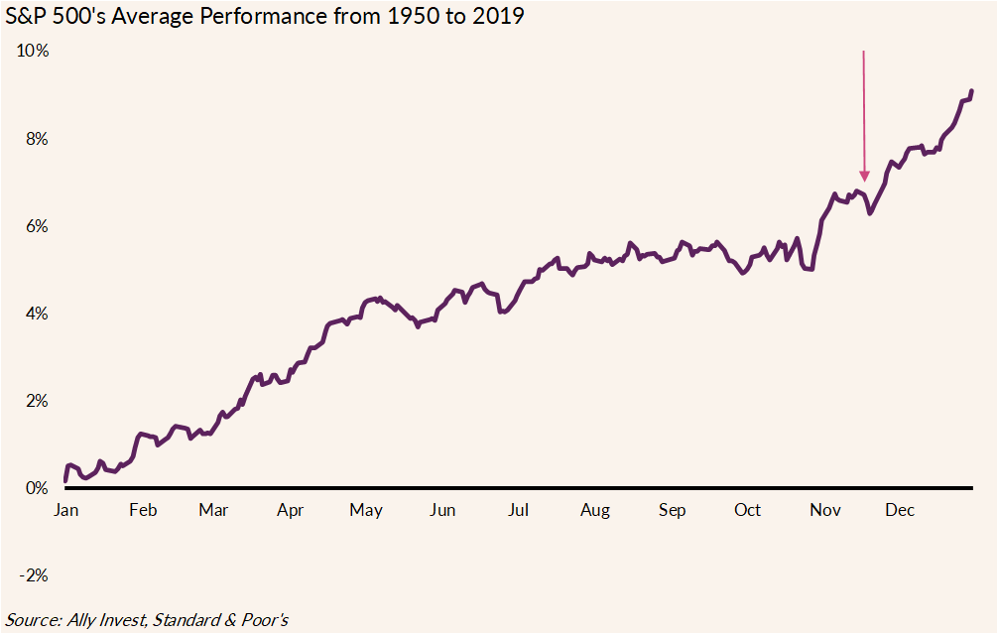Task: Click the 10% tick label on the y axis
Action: click(34, 52)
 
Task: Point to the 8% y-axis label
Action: click(37, 139)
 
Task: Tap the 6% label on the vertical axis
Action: click(37, 226)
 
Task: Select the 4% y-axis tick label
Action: click(37, 314)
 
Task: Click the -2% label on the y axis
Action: click(34, 575)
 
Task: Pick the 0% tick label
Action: click(37, 488)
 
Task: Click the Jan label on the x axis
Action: click(65, 510)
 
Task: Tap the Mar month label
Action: click(213, 510)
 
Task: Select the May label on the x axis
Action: click(366, 510)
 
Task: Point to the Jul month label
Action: click(518, 510)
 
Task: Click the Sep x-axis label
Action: click(672, 510)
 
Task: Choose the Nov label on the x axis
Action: click(825, 510)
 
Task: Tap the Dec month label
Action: click(900, 510)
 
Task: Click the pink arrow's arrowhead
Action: click(864, 176)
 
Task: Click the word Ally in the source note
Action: click(85, 620)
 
